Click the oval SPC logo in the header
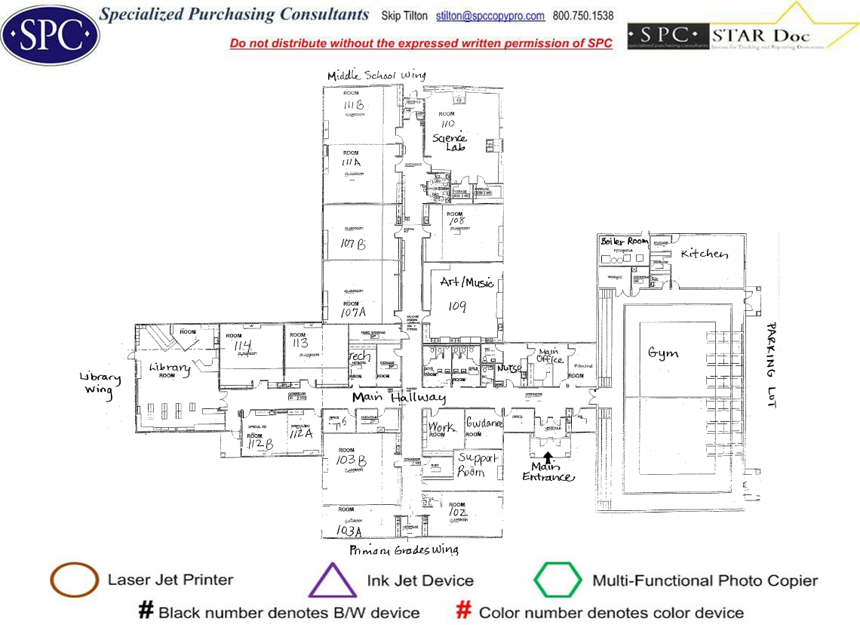(50, 33)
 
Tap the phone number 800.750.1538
(583, 16)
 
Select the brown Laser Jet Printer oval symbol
(74, 580)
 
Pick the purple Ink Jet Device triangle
(333, 581)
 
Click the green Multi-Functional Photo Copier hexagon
(558, 580)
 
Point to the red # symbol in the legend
(465, 611)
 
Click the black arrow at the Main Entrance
(548, 456)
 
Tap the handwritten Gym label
(662, 353)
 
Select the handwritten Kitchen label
(705, 254)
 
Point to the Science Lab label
(450, 142)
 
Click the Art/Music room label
(467, 283)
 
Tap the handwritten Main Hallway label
(398, 398)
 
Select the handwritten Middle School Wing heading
(376, 75)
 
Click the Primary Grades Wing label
(404, 550)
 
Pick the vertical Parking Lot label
(770, 365)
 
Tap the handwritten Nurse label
(509, 369)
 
